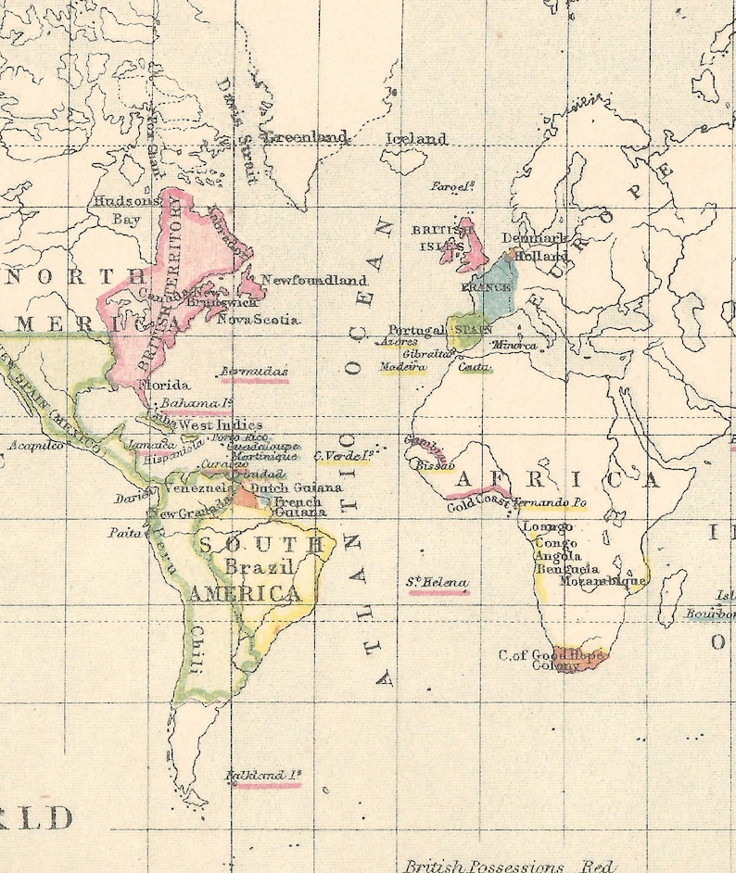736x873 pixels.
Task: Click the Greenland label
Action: [x=306, y=137]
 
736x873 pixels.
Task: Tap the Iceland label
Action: [x=416, y=139]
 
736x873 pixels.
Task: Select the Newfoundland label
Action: [x=314, y=280]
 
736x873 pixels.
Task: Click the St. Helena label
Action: [x=438, y=582]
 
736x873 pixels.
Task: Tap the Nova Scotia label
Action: [x=259, y=319]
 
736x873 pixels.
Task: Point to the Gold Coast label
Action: [x=478, y=504]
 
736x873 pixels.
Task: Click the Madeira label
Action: [x=403, y=367]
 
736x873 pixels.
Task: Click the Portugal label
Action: [x=416, y=330]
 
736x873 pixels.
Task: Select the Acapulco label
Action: [x=36, y=446]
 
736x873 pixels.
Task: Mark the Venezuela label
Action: [x=198, y=487]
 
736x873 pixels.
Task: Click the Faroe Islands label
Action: [x=453, y=186]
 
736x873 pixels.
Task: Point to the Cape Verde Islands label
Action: [x=343, y=455]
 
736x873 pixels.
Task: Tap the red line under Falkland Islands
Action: [x=268, y=786]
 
